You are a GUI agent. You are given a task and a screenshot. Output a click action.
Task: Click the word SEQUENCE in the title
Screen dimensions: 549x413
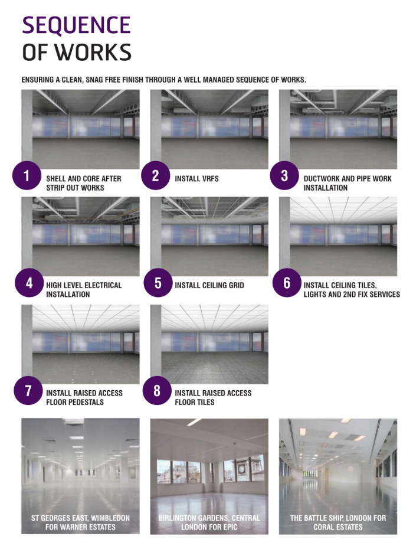point(76,25)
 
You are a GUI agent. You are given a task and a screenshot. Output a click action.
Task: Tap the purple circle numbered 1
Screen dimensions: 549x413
point(27,175)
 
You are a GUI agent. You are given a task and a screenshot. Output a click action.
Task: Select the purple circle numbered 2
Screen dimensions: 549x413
point(156,175)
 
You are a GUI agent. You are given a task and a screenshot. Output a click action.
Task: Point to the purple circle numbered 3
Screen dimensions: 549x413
point(284,175)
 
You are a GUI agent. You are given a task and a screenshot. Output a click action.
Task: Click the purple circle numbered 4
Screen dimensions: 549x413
point(28,283)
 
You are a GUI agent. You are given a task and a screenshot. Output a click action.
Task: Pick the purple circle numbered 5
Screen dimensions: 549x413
point(158,283)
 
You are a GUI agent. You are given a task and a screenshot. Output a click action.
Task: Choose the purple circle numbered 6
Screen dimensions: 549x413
point(287,283)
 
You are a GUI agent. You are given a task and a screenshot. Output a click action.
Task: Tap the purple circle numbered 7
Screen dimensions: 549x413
point(28,391)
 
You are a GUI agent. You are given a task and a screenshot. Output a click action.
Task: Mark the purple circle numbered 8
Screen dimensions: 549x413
point(157,391)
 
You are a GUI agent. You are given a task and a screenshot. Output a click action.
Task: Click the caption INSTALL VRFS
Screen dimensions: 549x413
point(196,178)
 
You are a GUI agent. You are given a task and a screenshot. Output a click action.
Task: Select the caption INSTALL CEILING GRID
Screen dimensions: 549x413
point(209,286)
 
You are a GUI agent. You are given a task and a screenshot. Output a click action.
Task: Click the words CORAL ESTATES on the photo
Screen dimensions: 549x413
point(337,527)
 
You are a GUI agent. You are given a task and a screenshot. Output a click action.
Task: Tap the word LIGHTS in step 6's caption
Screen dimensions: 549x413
point(319,295)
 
